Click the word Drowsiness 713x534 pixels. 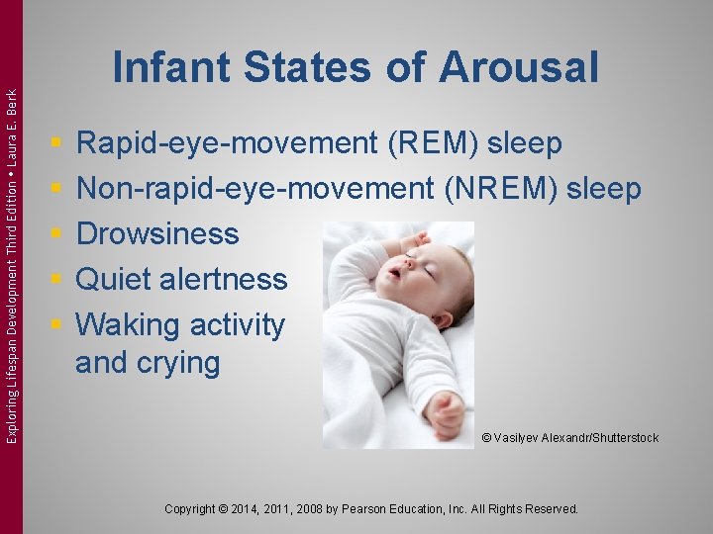(157, 234)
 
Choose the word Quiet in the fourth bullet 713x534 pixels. (116, 279)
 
